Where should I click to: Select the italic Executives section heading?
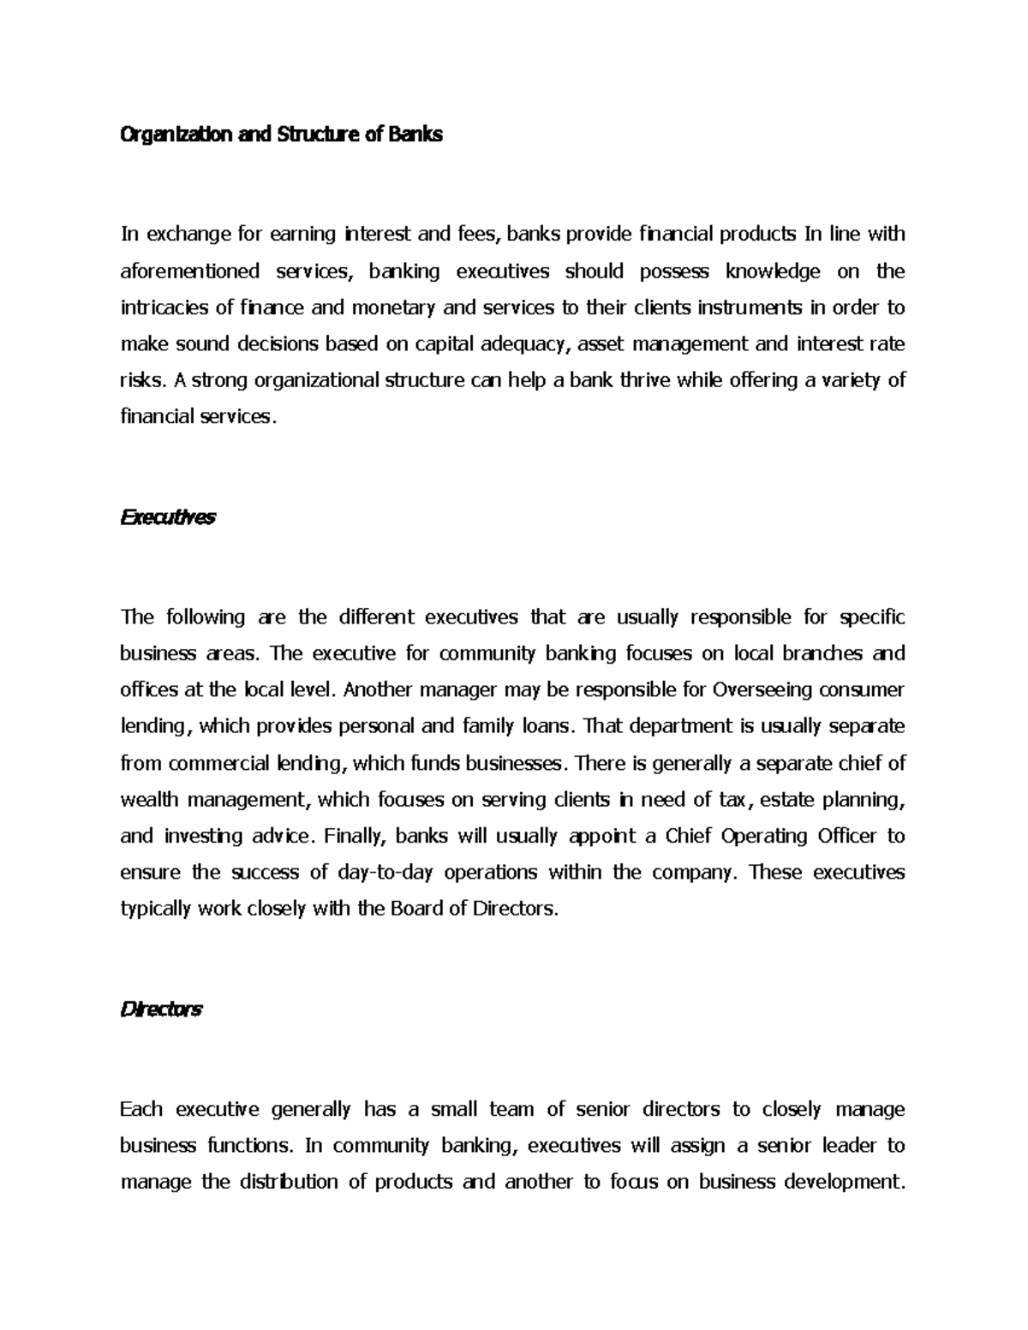(x=168, y=517)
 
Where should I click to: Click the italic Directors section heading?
(x=161, y=1009)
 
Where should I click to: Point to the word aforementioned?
(x=189, y=271)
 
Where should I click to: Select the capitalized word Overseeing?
(x=762, y=689)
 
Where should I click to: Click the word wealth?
(x=149, y=800)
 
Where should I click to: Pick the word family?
(x=487, y=726)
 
